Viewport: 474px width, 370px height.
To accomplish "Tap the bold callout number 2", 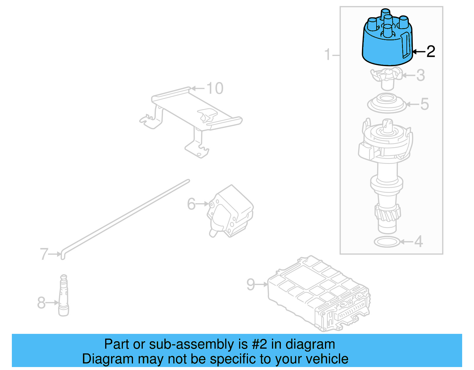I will [x=430, y=52].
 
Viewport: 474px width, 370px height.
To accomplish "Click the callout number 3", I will [x=421, y=75].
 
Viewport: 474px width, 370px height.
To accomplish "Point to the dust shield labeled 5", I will [x=387, y=104].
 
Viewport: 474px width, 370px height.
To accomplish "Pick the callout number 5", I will [x=425, y=104].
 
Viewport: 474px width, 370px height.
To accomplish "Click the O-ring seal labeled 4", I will [x=387, y=242].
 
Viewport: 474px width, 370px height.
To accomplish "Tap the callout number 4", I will [x=418, y=242].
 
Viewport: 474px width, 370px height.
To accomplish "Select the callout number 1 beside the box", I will [x=327, y=55].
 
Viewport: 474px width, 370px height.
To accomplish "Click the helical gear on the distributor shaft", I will [x=387, y=213].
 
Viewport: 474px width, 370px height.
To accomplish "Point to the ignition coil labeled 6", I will [x=231, y=212].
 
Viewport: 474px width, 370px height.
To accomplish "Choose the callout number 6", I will [x=191, y=204].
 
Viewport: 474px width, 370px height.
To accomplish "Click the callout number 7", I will [x=44, y=254].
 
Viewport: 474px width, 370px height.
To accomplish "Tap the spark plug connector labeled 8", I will [x=63, y=296].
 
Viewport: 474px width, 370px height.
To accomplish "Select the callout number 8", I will [x=41, y=303].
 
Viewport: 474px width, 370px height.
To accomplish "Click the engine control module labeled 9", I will [x=318, y=293].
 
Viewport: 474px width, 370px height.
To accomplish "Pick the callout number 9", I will [x=251, y=284].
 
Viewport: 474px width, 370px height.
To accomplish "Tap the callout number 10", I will [x=215, y=88].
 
